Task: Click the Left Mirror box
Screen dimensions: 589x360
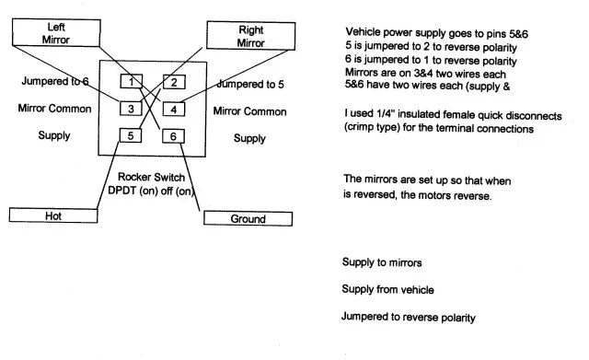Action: click(x=56, y=33)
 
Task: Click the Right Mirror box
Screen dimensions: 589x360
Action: click(x=251, y=36)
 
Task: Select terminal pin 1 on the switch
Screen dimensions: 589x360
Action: click(x=131, y=81)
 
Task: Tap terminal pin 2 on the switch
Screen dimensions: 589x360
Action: click(x=174, y=82)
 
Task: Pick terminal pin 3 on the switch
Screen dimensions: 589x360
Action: click(x=131, y=109)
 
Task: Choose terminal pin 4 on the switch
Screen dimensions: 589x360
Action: click(x=174, y=110)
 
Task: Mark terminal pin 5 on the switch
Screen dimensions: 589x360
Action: click(x=131, y=135)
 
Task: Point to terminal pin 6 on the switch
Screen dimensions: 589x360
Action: click(x=173, y=136)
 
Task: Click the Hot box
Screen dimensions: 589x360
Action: click(x=53, y=215)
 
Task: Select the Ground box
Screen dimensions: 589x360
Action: click(x=248, y=218)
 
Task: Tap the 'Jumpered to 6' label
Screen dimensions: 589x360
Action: click(x=55, y=81)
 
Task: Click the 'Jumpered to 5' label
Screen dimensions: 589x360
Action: click(x=250, y=84)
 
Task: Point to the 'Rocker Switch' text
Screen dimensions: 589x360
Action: click(x=151, y=177)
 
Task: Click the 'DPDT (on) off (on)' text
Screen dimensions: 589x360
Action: click(x=151, y=191)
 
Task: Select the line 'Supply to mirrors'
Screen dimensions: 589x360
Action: click(x=382, y=261)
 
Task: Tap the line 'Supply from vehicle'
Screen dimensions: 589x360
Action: click(x=387, y=289)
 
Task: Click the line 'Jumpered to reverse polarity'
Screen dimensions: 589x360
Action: click(x=409, y=317)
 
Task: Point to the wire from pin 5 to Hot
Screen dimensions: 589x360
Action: click(x=108, y=176)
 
